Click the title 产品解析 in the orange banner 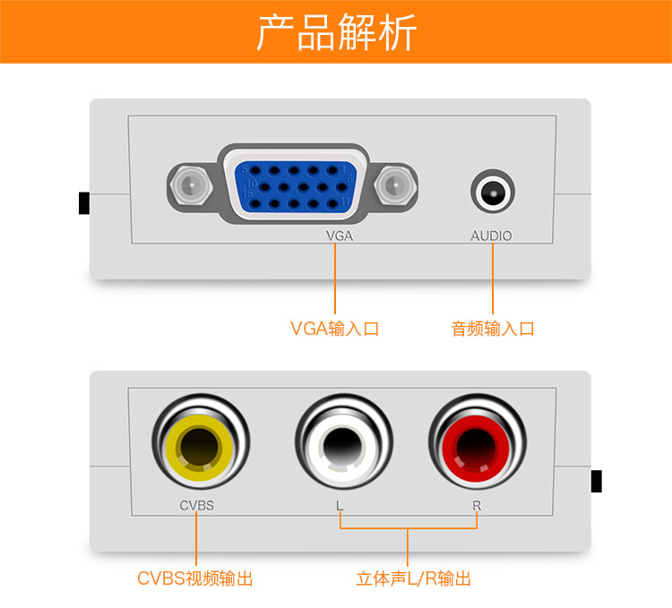tap(336, 32)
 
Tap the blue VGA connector tap(295, 187)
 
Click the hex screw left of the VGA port tap(191, 186)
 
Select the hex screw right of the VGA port tap(395, 186)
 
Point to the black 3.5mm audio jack tap(493, 191)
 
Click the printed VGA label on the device tap(340, 235)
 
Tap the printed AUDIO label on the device tap(492, 235)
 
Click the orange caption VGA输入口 tap(335, 329)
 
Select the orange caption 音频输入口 tap(493, 329)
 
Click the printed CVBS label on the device tap(197, 506)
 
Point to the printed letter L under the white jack tap(340, 506)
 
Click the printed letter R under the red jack tap(477, 506)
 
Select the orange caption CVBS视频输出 tap(195, 578)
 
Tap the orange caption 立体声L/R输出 tap(414, 578)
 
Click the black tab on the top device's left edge tap(84, 203)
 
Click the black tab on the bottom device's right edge tap(596, 481)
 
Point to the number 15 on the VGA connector tap(247, 194)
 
